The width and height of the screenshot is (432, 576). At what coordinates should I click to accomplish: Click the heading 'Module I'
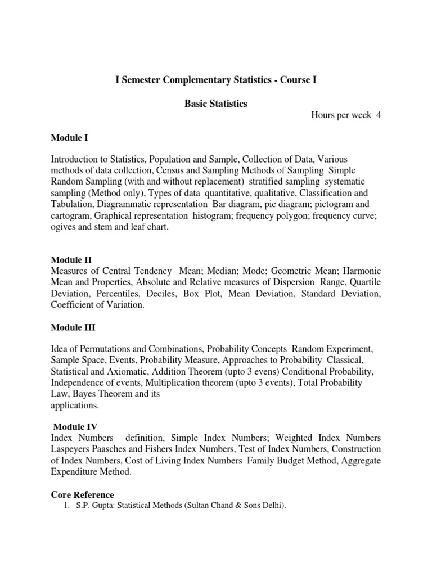click(x=69, y=137)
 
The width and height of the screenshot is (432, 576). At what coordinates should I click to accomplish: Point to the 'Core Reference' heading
click(x=82, y=495)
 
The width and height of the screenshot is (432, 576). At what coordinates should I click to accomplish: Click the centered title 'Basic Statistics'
click(x=216, y=104)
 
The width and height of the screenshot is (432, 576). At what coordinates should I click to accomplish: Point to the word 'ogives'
click(x=64, y=227)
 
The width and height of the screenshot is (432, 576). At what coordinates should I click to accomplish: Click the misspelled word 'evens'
click(x=265, y=372)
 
